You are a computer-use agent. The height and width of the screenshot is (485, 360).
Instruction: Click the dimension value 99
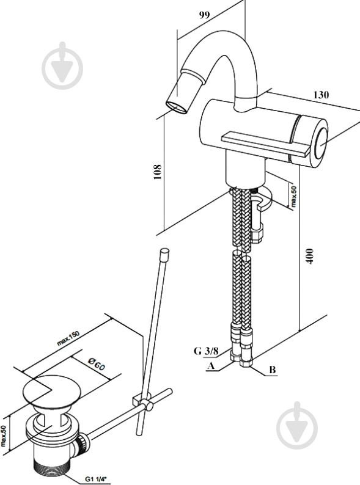(204, 15)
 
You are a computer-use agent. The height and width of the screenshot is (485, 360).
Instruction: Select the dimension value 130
(321, 95)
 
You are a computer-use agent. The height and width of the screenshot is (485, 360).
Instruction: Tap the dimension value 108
(157, 172)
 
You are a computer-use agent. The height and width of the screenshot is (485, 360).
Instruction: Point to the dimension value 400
(309, 256)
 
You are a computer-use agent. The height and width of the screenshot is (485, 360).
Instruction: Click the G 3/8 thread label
(206, 351)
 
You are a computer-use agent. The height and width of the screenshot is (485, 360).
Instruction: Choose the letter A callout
(211, 366)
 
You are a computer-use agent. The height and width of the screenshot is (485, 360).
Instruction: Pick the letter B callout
(272, 370)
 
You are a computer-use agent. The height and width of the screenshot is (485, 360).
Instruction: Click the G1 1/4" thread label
(95, 480)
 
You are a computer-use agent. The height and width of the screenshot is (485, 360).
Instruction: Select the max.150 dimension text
(68, 338)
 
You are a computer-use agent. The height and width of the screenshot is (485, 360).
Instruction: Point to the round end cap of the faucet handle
(321, 143)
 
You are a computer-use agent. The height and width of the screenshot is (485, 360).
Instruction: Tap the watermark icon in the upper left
(63, 65)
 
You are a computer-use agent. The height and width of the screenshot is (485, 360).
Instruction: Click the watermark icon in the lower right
(297, 426)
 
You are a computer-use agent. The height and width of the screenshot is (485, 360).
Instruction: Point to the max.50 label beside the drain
(4, 436)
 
